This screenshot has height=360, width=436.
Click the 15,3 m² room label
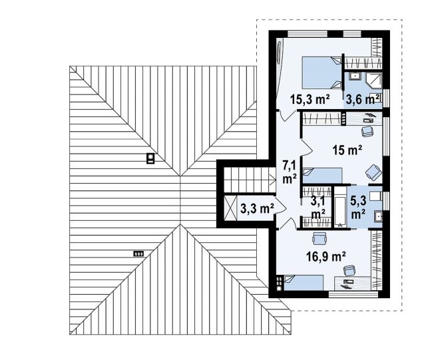[310, 100]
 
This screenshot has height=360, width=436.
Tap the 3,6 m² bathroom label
[362, 100]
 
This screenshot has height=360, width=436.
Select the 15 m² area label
[347, 150]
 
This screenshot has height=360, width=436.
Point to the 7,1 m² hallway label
[290, 172]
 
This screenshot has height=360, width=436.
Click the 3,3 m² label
[258, 208]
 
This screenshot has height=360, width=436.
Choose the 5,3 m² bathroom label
[358, 208]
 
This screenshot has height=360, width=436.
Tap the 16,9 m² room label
[326, 257]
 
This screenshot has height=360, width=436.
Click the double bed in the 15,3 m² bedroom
[322, 73]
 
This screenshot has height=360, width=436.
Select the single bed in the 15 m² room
[322, 176]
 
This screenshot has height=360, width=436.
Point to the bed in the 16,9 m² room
[304, 283]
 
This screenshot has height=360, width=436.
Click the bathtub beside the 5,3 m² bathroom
[340, 207]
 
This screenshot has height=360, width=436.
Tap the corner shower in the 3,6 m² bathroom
[374, 81]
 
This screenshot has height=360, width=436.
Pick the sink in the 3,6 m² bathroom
[355, 76]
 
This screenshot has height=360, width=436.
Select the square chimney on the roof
[150, 159]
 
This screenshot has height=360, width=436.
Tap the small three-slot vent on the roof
[138, 254]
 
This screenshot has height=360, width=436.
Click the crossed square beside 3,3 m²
[230, 208]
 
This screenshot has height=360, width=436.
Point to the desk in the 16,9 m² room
[353, 284]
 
